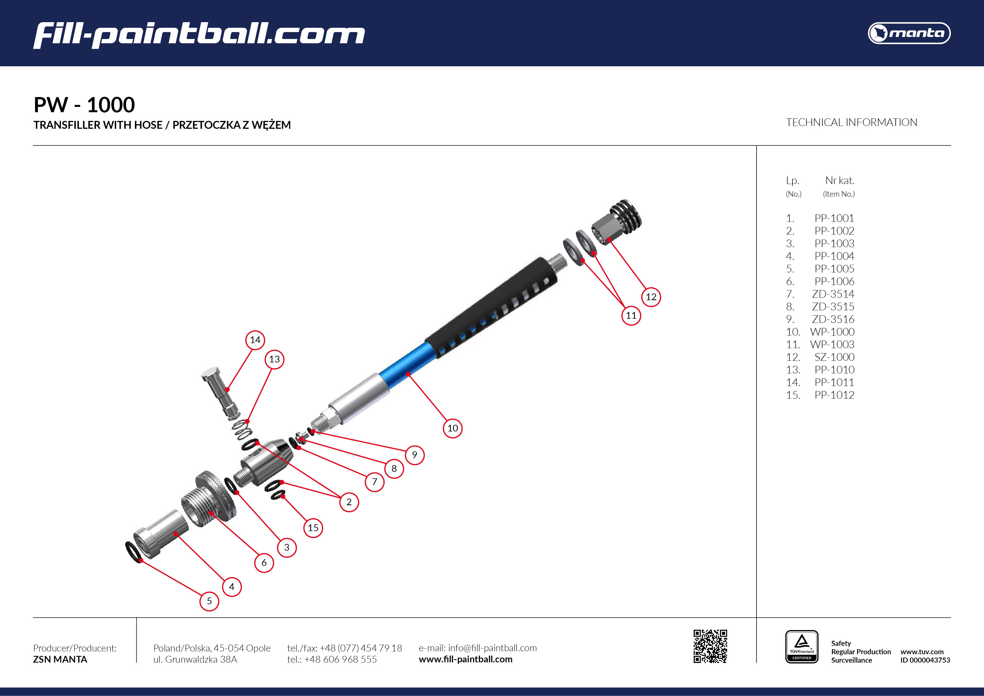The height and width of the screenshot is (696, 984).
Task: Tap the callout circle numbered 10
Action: click(452, 428)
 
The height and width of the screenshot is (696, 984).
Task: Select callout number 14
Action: click(255, 340)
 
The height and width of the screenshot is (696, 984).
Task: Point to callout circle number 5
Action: click(209, 601)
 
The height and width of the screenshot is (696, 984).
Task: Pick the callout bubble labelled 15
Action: click(313, 528)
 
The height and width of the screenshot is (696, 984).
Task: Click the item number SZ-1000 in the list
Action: click(834, 357)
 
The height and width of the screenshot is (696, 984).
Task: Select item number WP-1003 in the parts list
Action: click(832, 344)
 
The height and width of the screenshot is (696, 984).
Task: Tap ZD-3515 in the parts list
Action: click(833, 306)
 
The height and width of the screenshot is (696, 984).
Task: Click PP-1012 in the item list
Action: click(834, 395)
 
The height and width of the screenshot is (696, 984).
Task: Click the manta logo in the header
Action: click(909, 33)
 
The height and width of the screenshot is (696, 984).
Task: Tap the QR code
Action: click(710, 646)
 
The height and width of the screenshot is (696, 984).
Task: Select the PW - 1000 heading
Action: click(84, 105)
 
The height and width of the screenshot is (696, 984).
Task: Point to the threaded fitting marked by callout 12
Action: click(617, 223)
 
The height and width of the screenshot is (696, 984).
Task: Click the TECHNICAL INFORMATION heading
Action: click(851, 123)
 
